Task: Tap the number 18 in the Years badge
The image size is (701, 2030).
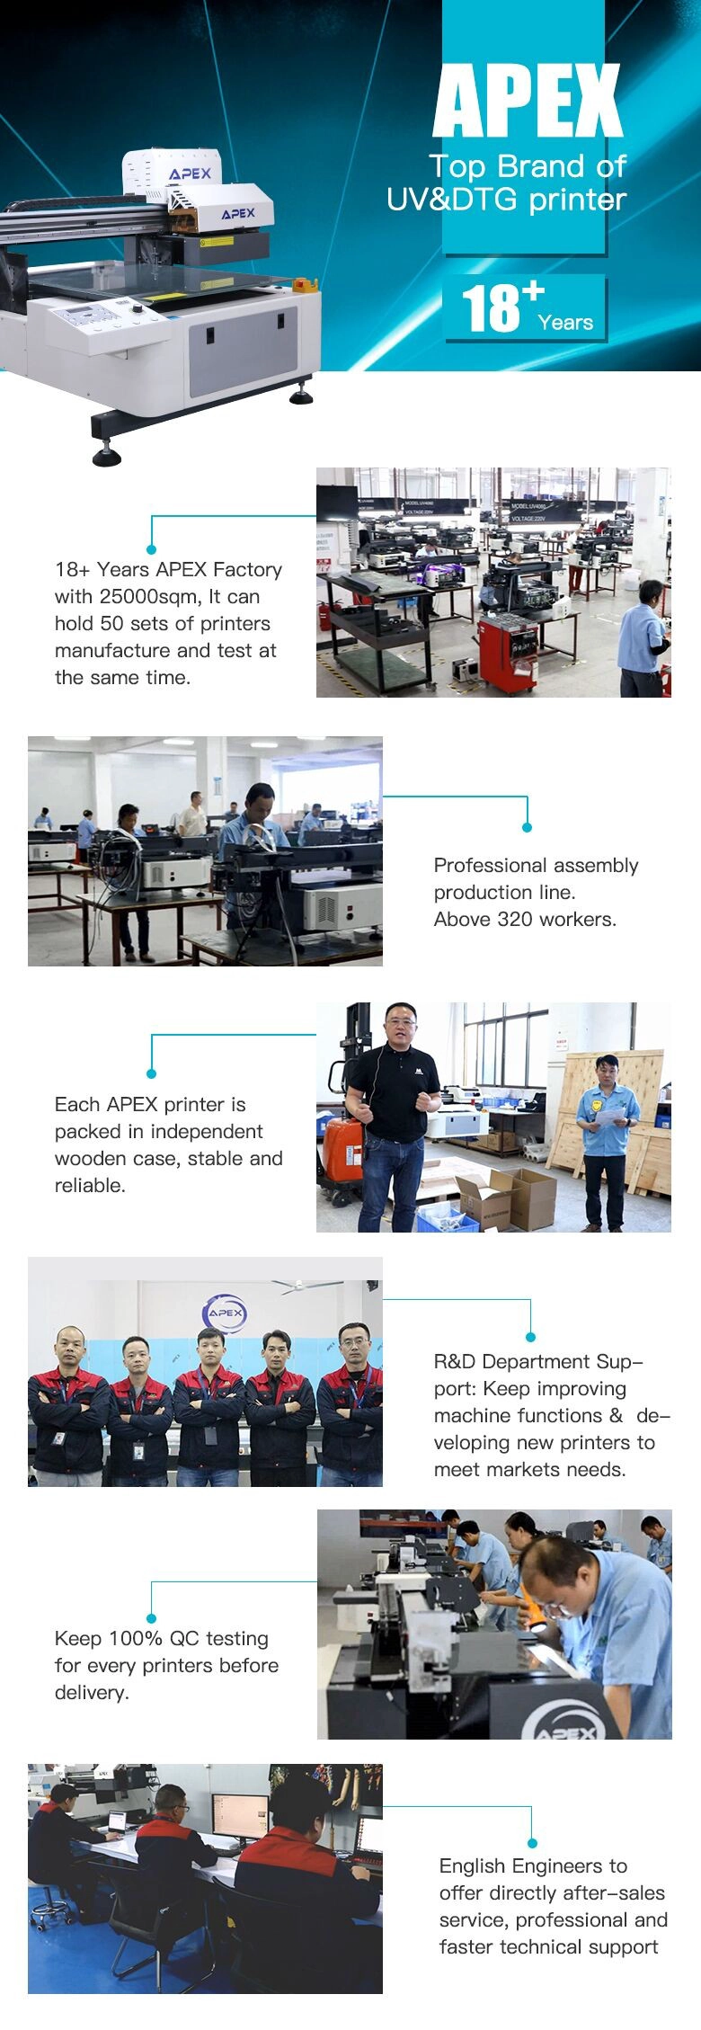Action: [x=491, y=307]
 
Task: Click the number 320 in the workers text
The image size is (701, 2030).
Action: [x=516, y=919]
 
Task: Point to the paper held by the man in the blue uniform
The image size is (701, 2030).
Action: [x=610, y=1116]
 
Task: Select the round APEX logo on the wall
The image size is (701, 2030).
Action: [x=225, y=1313]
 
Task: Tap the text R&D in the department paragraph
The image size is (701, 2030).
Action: [x=455, y=1362]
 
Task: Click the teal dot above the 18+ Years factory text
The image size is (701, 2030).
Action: [x=151, y=548]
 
